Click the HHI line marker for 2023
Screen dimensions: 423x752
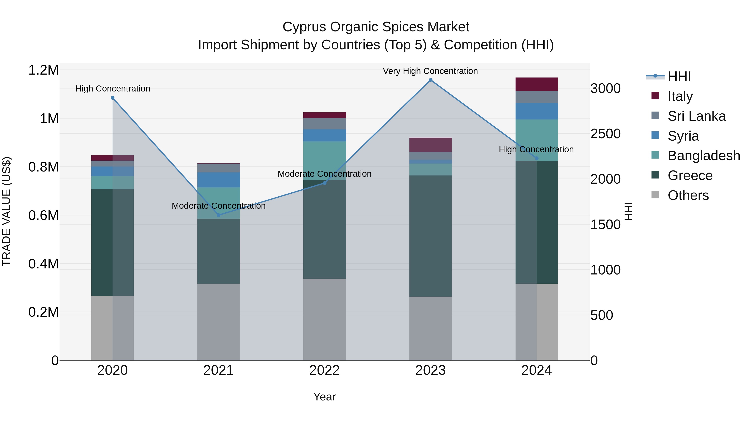[x=430, y=80]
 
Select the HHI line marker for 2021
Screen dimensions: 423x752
[x=219, y=215]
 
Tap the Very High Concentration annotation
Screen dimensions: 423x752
[x=430, y=71]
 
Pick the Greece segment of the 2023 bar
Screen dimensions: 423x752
[x=430, y=236]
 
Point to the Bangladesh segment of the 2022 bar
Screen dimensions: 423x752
[x=324, y=161]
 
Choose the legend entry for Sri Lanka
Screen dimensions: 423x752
[x=696, y=116]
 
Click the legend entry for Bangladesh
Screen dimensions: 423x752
[x=704, y=156]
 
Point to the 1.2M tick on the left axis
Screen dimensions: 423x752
[x=43, y=70]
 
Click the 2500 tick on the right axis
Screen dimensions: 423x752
[x=605, y=134]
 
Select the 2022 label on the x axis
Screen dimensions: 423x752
[x=324, y=370]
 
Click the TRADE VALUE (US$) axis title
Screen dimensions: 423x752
[x=6, y=211]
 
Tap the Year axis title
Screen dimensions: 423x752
[x=324, y=397]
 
